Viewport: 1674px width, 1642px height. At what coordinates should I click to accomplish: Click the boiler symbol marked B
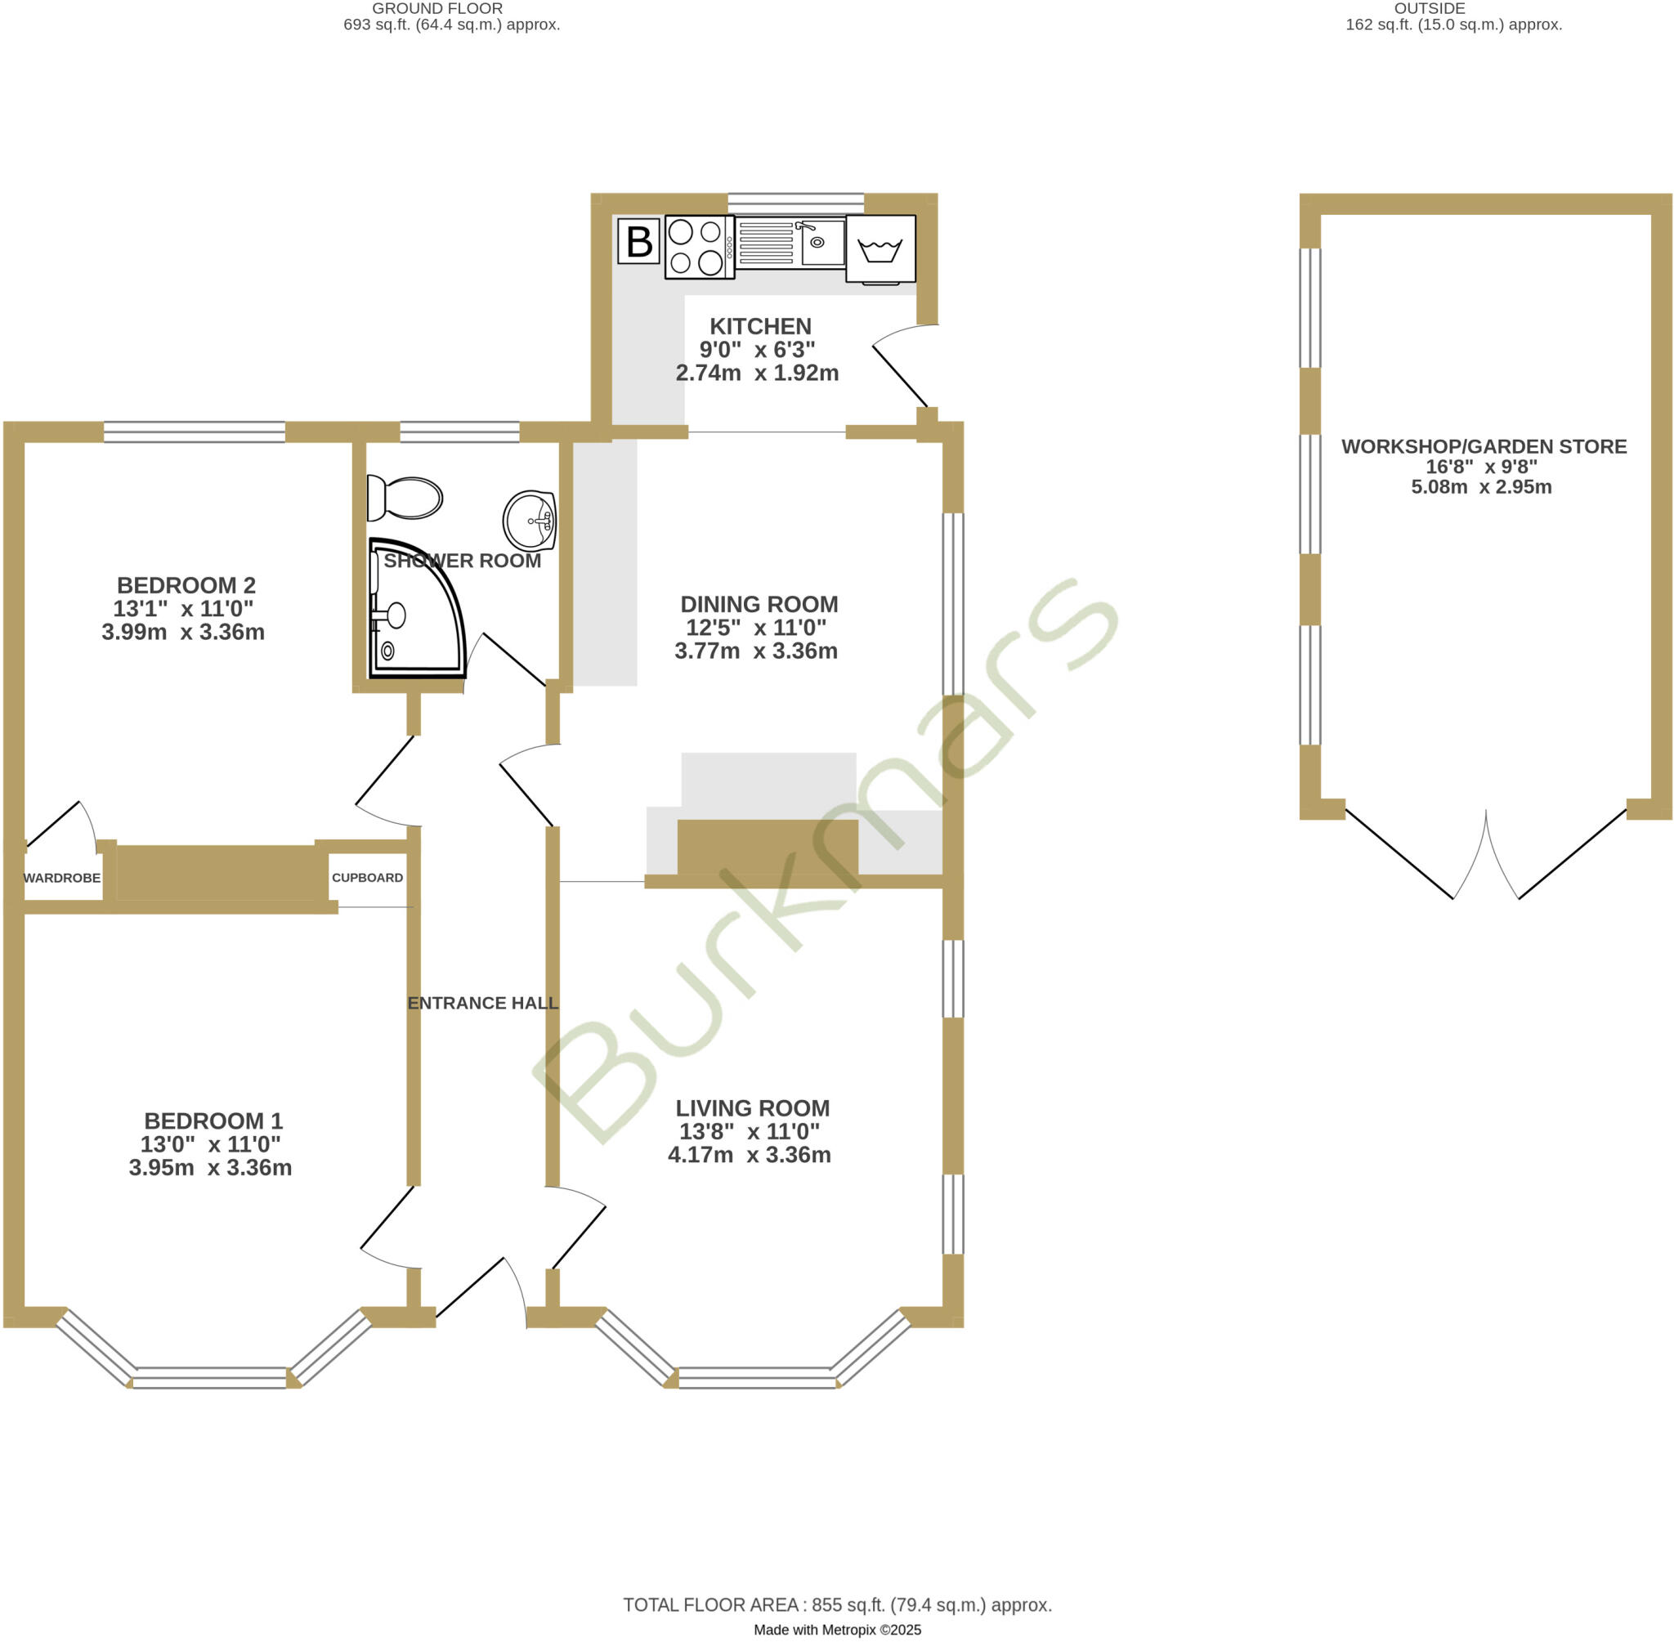pyautogui.click(x=638, y=241)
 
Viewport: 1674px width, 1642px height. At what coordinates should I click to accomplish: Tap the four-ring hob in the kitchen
pyautogui.click(x=698, y=247)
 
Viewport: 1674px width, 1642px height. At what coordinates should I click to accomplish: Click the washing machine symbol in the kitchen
pyautogui.click(x=880, y=249)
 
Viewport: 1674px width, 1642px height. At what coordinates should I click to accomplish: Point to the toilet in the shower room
pyautogui.click(x=405, y=499)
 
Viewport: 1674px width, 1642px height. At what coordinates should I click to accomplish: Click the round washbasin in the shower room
pyautogui.click(x=530, y=520)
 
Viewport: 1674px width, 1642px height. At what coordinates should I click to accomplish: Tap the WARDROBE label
pyautogui.click(x=62, y=878)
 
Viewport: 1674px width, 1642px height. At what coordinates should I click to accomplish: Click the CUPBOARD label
pyautogui.click(x=367, y=878)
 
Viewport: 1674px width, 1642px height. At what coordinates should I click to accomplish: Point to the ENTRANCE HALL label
pyautogui.click(x=483, y=1003)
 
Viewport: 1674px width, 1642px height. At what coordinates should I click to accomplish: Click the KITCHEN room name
pyautogui.click(x=760, y=327)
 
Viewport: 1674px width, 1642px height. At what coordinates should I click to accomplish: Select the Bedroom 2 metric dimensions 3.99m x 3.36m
pyautogui.click(x=183, y=632)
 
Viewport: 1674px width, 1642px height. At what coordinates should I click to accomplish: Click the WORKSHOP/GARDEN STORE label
pyautogui.click(x=1484, y=447)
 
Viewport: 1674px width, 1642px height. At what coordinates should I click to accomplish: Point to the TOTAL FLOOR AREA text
pyautogui.click(x=836, y=1605)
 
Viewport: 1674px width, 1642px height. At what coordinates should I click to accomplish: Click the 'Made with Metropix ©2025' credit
pyautogui.click(x=836, y=1630)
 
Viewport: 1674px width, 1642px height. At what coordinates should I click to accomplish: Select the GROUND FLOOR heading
pyautogui.click(x=437, y=9)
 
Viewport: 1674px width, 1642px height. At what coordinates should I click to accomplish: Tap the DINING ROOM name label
pyautogui.click(x=759, y=605)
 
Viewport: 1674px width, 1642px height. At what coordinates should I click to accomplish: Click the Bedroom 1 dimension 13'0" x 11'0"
pyautogui.click(x=210, y=1144)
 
